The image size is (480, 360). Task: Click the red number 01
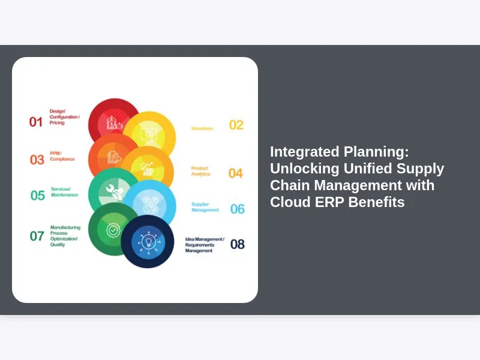click(36, 122)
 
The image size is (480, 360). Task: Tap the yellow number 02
click(236, 125)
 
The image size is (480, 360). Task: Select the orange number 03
click(37, 160)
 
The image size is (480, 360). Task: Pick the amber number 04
click(235, 173)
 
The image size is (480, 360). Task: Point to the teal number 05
click(38, 195)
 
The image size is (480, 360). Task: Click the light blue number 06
click(238, 209)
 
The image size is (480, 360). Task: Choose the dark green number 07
click(37, 236)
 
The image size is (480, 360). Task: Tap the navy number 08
click(238, 244)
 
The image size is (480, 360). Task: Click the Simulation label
click(202, 128)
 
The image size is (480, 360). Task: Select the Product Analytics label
click(200, 171)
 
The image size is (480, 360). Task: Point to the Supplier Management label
click(205, 207)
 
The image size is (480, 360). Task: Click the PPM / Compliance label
click(62, 156)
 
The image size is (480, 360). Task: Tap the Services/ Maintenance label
click(64, 191)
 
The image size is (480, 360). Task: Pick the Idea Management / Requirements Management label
click(205, 245)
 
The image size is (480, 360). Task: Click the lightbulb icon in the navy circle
click(148, 241)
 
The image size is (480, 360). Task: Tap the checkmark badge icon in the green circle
click(112, 229)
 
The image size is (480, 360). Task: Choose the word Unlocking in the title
click(304, 168)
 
